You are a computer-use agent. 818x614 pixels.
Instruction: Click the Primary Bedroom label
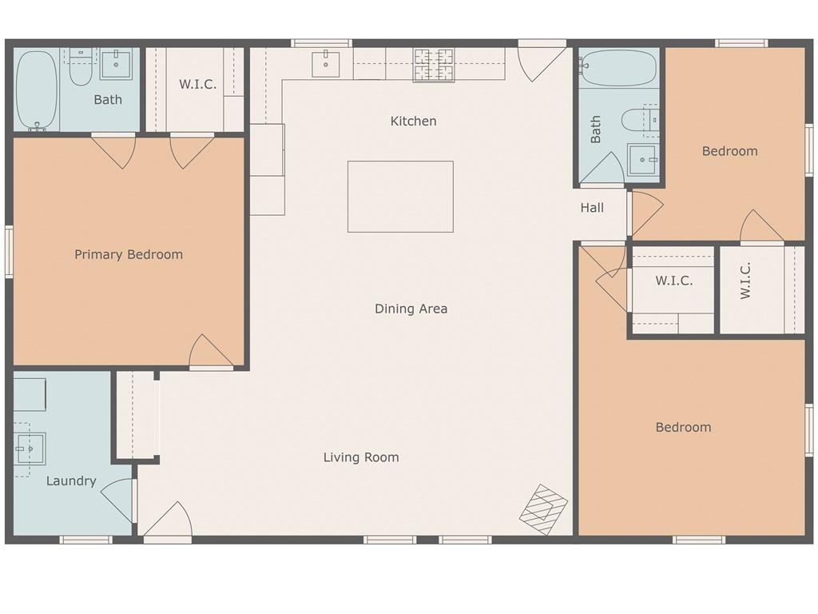click(129, 254)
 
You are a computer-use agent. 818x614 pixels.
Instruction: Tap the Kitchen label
click(413, 122)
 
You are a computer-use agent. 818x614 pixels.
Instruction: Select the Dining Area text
click(411, 309)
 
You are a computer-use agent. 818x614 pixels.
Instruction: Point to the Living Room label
click(361, 457)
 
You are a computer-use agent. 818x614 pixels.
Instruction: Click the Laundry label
click(71, 480)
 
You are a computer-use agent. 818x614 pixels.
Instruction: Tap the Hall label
click(592, 208)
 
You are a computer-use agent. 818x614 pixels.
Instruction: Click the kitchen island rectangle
click(401, 197)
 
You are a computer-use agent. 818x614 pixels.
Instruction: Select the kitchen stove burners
click(434, 65)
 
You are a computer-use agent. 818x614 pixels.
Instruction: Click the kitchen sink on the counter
click(326, 64)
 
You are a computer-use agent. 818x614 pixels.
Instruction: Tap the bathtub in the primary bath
click(37, 90)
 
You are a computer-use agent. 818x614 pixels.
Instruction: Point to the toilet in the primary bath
click(81, 67)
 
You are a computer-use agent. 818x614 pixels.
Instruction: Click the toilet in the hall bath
click(640, 120)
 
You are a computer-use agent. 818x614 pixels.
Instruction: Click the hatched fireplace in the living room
click(543, 509)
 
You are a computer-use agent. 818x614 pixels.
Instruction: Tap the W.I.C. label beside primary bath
click(198, 85)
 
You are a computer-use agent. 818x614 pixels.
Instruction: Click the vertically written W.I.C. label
click(745, 281)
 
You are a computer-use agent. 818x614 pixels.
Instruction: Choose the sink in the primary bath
click(116, 64)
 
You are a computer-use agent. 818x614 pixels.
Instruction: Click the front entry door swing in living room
click(168, 519)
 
